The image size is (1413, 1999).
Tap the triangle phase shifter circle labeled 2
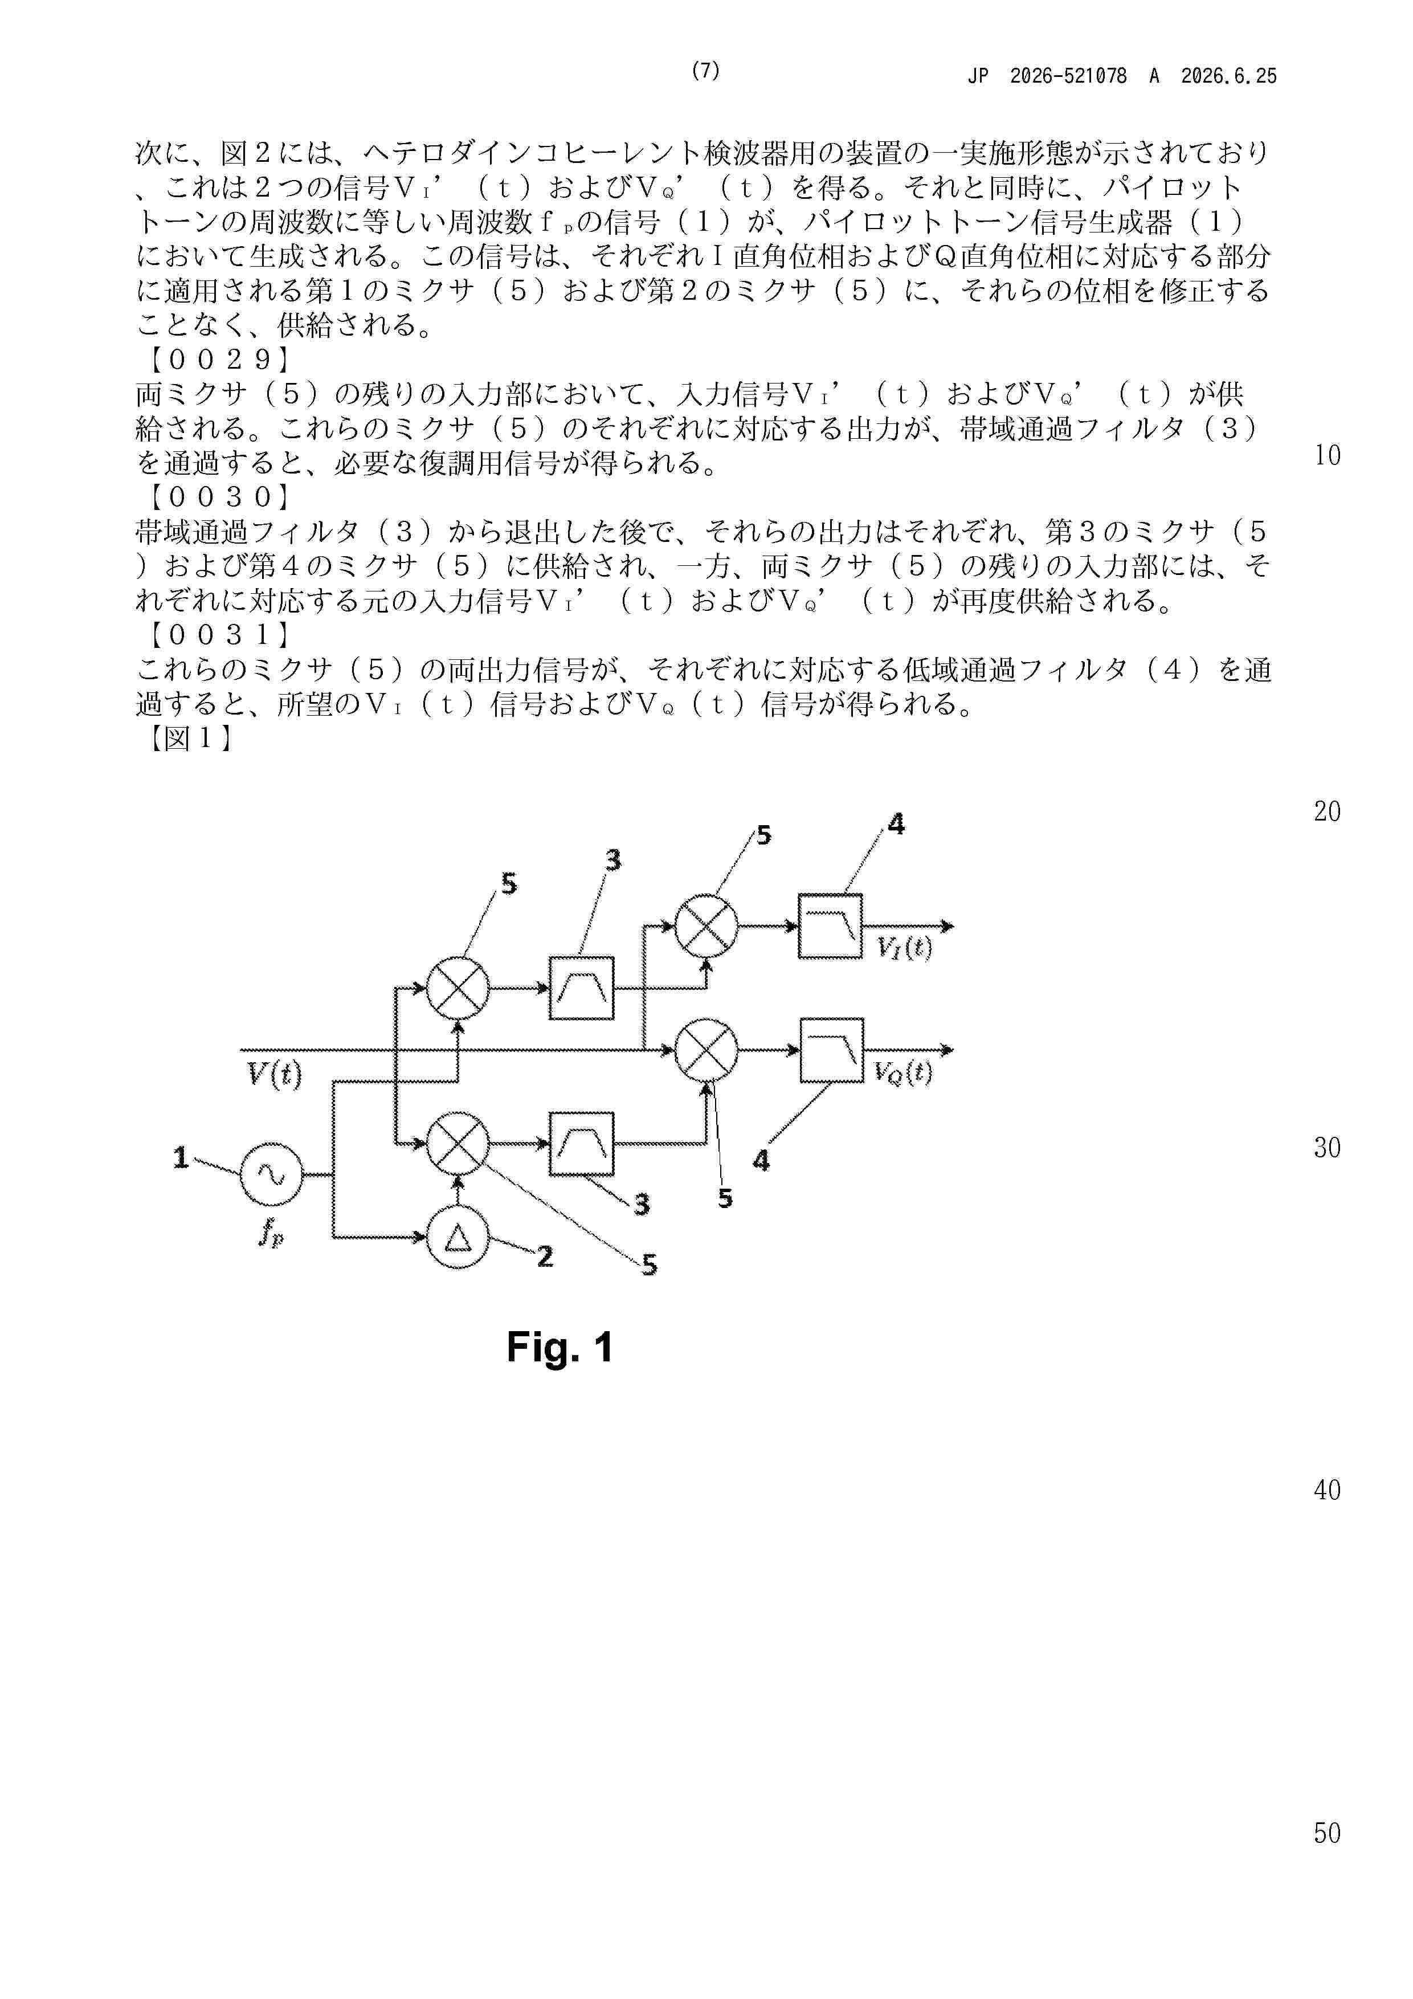pyautogui.click(x=458, y=1237)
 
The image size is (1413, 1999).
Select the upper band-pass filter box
pyautogui.click(x=582, y=988)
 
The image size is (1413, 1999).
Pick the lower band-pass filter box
pyautogui.click(x=582, y=1143)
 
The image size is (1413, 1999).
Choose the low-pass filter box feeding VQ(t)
pyautogui.click(x=831, y=1050)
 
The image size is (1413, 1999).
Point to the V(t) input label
pyautogui.click(x=274, y=1074)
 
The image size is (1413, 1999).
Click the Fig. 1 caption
pyautogui.click(x=560, y=1347)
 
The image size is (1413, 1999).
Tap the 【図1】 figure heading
pyautogui.click(x=188, y=739)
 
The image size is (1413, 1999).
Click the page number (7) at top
pyautogui.click(x=705, y=71)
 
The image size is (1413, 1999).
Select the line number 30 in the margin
pyautogui.click(x=1327, y=1148)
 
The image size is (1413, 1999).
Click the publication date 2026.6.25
pyautogui.click(x=1228, y=76)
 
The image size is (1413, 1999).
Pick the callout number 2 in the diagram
pyautogui.click(x=545, y=1256)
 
